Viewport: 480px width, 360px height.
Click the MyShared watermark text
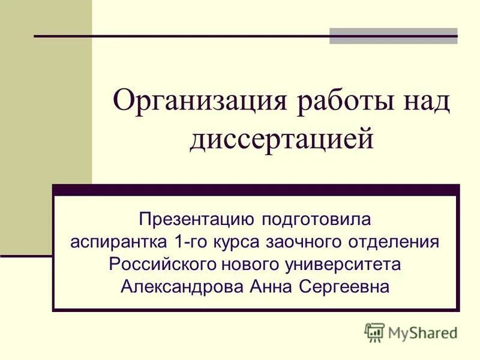423,332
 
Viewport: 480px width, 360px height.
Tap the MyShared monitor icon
374,332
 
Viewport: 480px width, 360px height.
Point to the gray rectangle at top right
393,36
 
